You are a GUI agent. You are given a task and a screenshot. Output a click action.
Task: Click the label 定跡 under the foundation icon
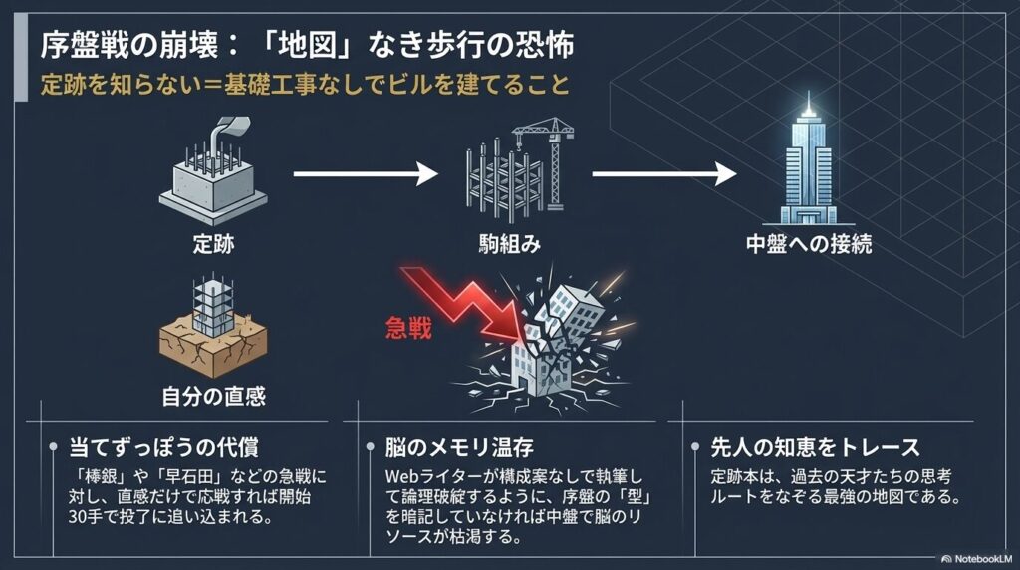(x=213, y=244)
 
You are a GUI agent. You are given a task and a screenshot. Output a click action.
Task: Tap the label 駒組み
(x=511, y=244)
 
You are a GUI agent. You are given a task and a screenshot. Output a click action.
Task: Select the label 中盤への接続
(x=809, y=244)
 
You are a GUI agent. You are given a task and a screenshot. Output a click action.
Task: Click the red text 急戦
(x=407, y=328)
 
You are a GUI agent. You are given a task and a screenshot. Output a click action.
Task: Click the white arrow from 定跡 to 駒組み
(x=366, y=175)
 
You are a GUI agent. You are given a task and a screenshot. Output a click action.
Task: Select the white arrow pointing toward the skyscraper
(x=663, y=175)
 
